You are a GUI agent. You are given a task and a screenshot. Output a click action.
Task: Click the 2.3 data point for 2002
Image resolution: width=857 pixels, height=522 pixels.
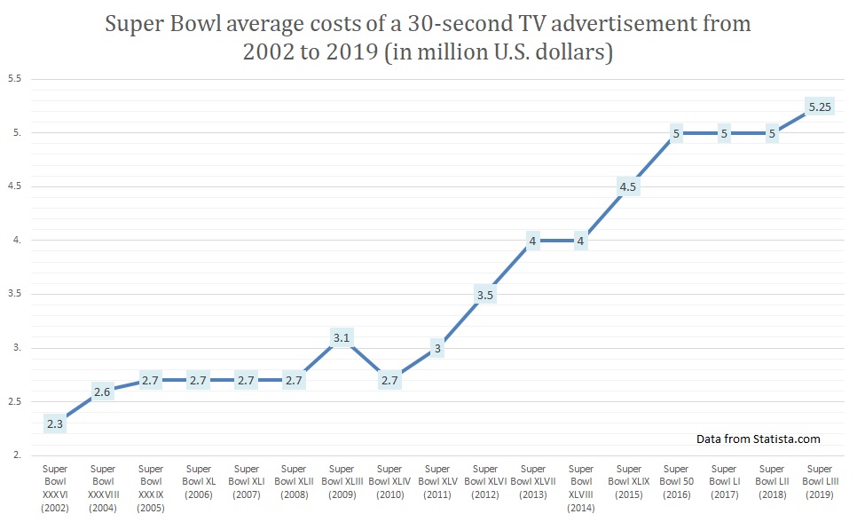(x=55, y=423)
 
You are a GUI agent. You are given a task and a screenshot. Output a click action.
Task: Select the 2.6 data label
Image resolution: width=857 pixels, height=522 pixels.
(x=103, y=391)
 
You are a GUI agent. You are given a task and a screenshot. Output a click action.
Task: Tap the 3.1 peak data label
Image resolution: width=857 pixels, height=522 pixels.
(x=342, y=337)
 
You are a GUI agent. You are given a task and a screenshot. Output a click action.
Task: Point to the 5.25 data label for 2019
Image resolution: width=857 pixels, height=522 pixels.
(x=820, y=107)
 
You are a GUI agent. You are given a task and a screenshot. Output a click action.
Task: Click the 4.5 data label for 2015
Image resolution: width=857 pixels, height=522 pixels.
(x=628, y=186)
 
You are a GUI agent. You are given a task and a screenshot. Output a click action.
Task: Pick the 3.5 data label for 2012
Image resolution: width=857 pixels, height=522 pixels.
(x=484, y=295)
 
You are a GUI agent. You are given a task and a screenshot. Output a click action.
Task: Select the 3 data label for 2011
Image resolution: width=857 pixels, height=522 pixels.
(x=437, y=349)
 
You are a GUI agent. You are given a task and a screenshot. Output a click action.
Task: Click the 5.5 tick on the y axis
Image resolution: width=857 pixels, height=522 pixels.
(x=14, y=79)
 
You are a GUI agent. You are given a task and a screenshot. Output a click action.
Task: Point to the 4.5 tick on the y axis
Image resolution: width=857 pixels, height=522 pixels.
(x=14, y=186)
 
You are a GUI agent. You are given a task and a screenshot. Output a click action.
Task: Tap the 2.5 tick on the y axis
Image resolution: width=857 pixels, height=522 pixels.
(x=14, y=402)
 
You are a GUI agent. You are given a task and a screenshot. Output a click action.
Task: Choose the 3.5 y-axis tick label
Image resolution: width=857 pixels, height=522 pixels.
(x=14, y=294)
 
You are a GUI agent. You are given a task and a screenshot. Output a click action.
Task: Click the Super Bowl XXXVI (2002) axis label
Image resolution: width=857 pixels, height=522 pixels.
(x=55, y=486)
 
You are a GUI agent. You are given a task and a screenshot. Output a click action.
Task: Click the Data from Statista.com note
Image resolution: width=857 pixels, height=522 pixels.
(x=759, y=439)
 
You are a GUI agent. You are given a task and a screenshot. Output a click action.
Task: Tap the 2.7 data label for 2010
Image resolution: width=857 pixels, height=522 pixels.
(x=389, y=380)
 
